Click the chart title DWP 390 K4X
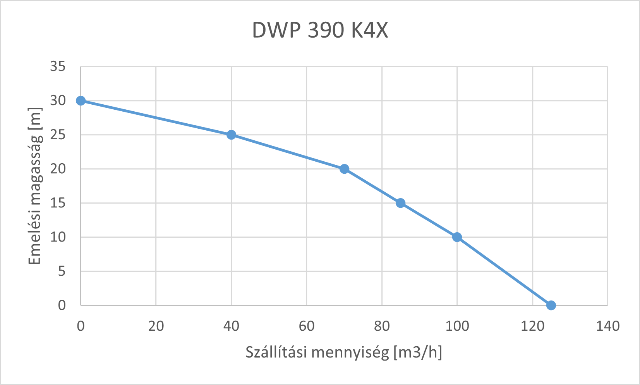coord(320,30)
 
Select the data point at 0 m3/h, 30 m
coord(81,101)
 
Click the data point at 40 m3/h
coord(231,135)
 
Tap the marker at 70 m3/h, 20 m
coord(344,169)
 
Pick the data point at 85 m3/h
coord(401,203)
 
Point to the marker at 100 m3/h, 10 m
coord(457,237)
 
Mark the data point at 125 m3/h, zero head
coord(551,306)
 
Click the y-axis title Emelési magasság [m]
coord(35,186)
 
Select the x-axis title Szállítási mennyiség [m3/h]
coord(344,352)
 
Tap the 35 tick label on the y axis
coord(58,67)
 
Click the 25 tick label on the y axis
coord(58,135)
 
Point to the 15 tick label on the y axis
coord(58,203)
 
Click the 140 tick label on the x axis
coord(607,326)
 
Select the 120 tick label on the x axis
coord(532,326)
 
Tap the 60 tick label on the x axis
coord(306,326)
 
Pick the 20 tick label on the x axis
coord(156,326)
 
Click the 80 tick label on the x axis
coord(382,326)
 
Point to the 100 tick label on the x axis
coord(457,326)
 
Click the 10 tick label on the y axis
coord(58,237)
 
